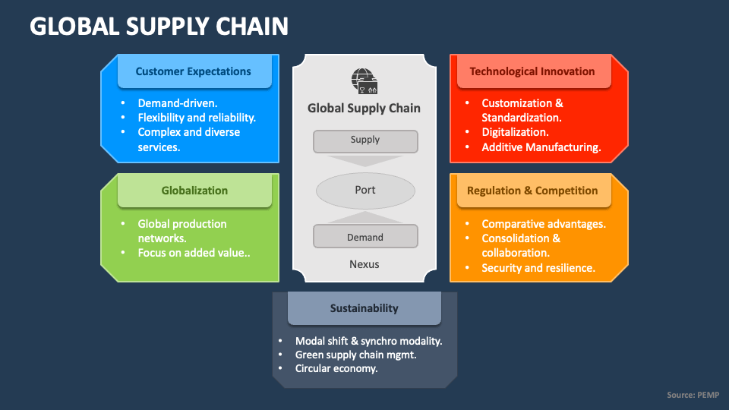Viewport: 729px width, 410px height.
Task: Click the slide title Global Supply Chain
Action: [x=159, y=27]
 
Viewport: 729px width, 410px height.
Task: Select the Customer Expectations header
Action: [x=194, y=71]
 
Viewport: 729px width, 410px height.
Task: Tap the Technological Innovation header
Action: [x=532, y=71]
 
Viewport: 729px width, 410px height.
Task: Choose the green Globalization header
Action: [x=194, y=191]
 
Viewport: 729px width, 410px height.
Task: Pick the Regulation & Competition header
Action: [x=532, y=191]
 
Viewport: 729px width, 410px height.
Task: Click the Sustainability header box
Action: [x=364, y=308]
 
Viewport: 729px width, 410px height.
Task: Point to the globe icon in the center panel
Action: [x=364, y=80]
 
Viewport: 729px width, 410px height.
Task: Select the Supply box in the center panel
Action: [x=365, y=140]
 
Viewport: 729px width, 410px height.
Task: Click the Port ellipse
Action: [x=365, y=190]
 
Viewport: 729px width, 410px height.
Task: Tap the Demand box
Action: [x=365, y=237]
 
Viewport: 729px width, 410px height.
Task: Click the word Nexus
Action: [x=364, y=264]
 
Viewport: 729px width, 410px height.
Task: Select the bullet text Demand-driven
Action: [x=177, y=103]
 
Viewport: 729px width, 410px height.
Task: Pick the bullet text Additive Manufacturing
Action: [x=541, y=147]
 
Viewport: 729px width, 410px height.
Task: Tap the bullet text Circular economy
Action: [x=336, y=368]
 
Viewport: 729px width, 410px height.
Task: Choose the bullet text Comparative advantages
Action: [x=543, y=224]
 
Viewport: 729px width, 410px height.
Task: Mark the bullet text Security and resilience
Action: [x=538, y=267]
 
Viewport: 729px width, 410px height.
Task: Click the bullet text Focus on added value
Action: [x=194, y=253]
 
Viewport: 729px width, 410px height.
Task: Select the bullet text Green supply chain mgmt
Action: [x=356, y=355]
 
